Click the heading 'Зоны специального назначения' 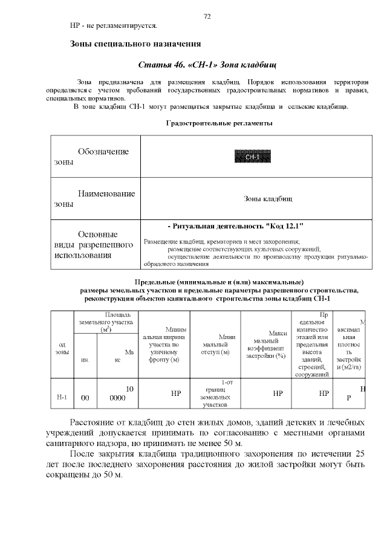pyautogui.click(x=135, y=44)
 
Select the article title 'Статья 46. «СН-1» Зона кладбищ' pyautogui.click(x=207, y=65)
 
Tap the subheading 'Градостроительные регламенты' pyautogui.click(x=219, y=123)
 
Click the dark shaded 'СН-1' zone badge pyautogui.click(x=252, y=157)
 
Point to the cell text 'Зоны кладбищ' pyautogui.click(x=268, y=198)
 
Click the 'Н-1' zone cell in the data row pyautogui.click(x=61, y=397)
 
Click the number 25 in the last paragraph pyautogui.click(x=360, y=454)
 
